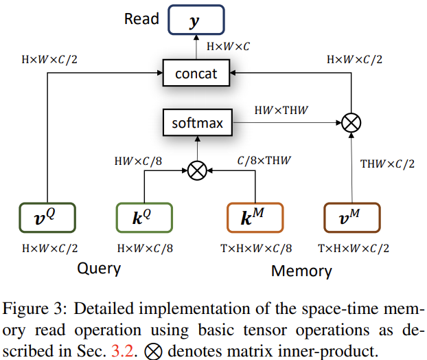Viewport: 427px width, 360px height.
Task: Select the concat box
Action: click(195, 73)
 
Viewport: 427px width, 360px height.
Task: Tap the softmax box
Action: click(197, 124)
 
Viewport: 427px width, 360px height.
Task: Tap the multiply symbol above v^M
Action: click(351, 124)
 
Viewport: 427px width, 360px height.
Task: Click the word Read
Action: click(141, 19)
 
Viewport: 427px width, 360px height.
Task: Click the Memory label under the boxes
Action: click(301, 270)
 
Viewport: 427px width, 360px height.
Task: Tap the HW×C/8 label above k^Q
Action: click(140, 161)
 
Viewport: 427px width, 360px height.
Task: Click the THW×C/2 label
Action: click(387, 164)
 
